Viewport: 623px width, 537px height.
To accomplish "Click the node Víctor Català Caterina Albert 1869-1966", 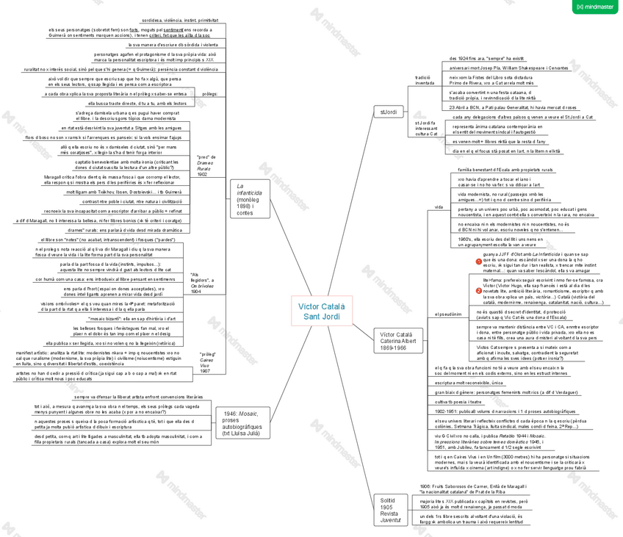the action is tap(397, 340).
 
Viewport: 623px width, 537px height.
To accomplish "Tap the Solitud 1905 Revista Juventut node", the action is tap(390, 510).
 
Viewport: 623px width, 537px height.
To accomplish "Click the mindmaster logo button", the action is tap(596, 7).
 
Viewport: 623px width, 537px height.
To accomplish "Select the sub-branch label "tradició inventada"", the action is tap(425, 79).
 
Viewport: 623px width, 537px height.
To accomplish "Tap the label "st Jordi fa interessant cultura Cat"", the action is tap(426, 129).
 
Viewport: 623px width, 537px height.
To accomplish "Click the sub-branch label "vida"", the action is tap(438, 207).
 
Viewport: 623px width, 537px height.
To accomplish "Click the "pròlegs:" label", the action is tap(209, 94).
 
